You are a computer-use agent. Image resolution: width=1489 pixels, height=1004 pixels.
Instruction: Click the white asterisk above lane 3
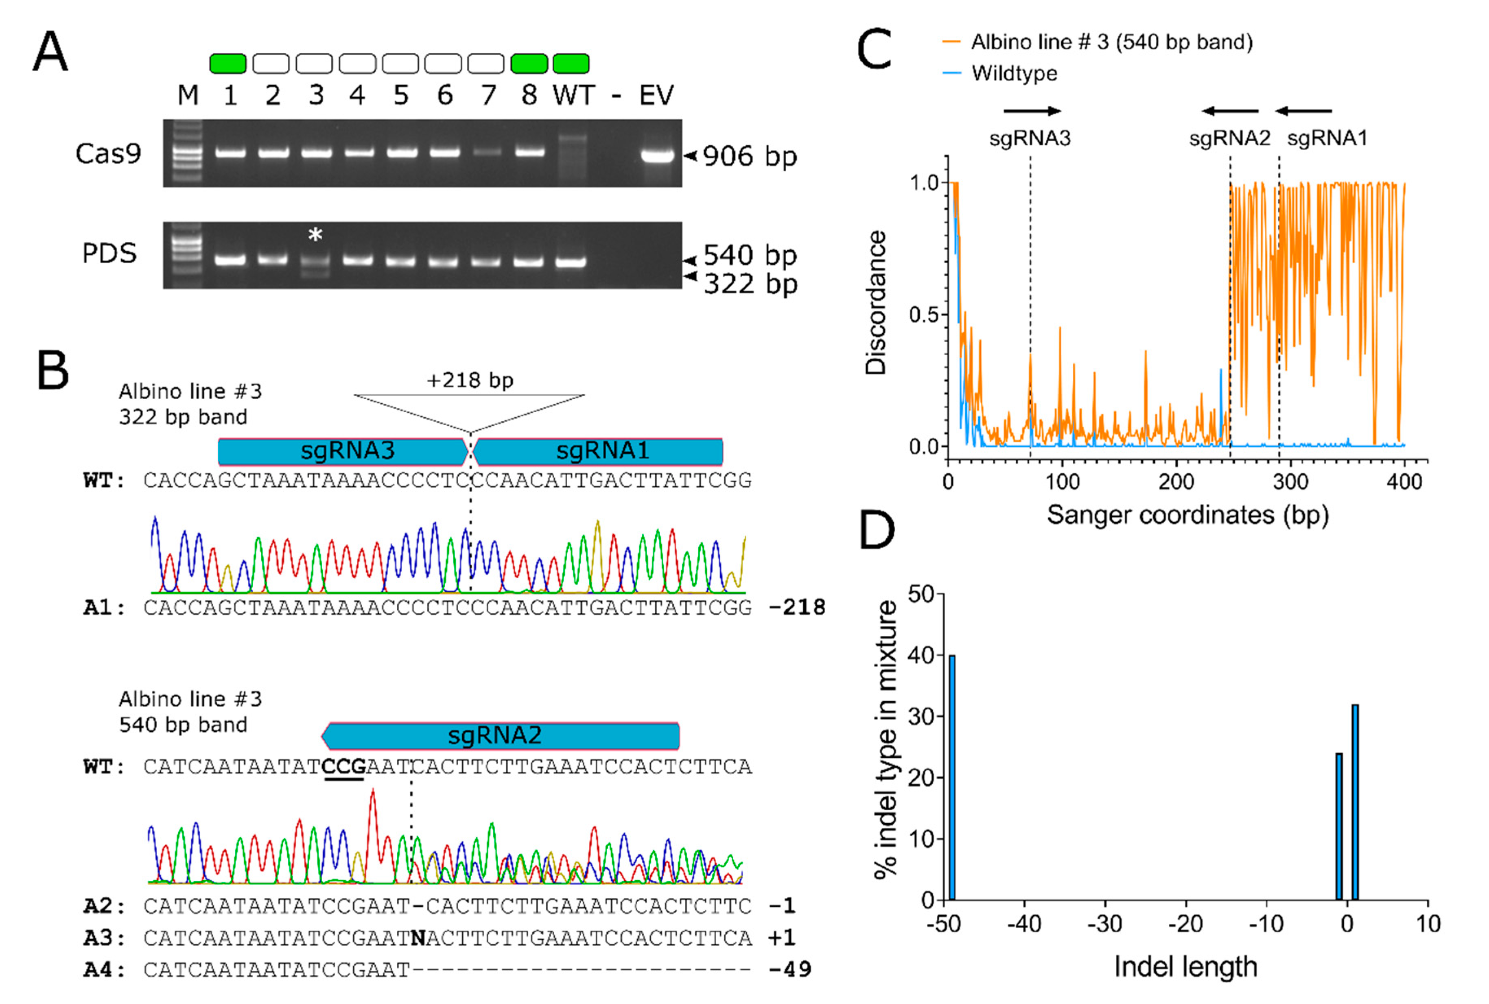(315, 235)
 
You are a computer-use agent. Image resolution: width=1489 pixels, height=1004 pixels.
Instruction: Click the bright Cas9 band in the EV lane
(658, 155)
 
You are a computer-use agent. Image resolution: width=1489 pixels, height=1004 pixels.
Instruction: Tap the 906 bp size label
(749, 156)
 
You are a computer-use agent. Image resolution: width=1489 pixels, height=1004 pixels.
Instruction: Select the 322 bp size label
(750, 284)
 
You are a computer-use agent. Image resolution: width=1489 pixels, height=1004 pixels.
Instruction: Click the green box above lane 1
(228, 63)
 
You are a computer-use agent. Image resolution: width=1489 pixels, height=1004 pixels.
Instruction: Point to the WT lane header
(573, 95)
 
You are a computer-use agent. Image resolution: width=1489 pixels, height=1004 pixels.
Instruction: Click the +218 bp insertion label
(470, 381)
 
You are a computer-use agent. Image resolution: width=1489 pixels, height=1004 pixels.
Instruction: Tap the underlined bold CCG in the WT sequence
(344, 766)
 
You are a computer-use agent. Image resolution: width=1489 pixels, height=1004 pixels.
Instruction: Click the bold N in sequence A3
(418, 938)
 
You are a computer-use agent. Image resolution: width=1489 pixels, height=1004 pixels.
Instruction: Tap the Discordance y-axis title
(875, 302)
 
